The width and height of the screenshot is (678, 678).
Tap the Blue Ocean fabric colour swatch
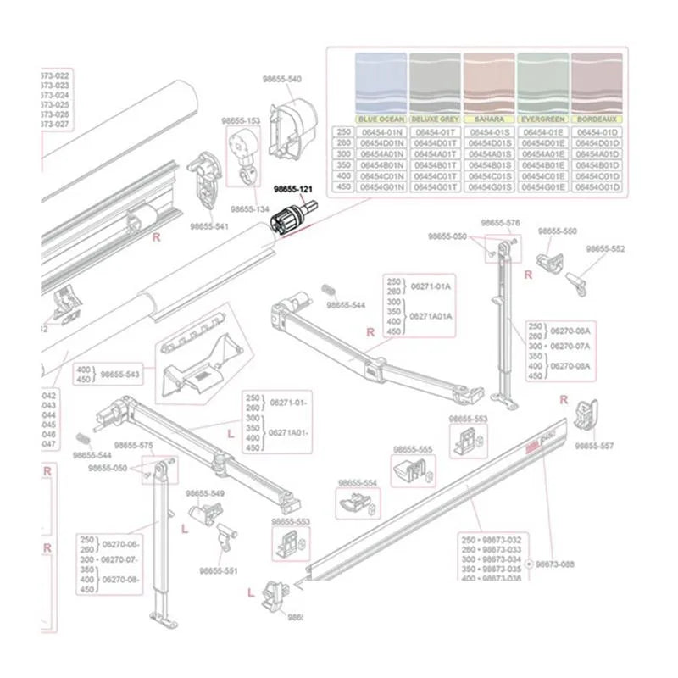coord(381,83)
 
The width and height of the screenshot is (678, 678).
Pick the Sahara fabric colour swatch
coord(489,83)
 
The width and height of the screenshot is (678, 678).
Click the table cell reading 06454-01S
coord(489,132)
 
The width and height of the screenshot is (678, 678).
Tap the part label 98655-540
coord(282,79)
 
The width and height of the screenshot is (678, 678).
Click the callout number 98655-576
coord(501,223)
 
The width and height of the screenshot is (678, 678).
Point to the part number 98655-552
coord(606,249)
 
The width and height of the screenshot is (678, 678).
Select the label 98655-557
coord(594,445)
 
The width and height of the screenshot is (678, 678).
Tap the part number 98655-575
coord(134,445)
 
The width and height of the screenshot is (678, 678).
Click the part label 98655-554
coord(357,483)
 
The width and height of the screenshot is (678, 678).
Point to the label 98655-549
coord(205,493)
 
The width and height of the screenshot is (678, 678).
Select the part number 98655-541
coord(208,226)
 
